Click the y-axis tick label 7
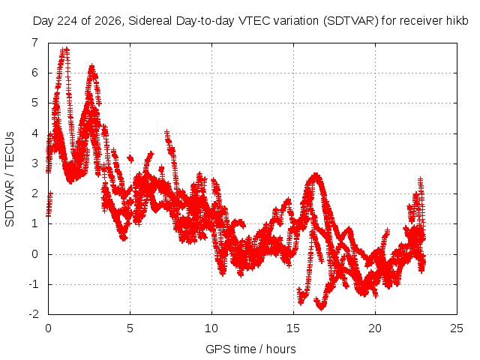click(x=35, y=43)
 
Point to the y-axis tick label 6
click(x=35, y=73)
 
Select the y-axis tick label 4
click(x=35, y=133)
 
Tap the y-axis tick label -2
click(x=34, y=314)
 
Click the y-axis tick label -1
click(x=34, y=284)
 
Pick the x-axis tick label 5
click(x=130, y=328)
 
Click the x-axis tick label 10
click(x=211, y=328)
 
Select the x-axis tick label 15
click(x=293, y=328)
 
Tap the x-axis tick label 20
click(x=375, y=328)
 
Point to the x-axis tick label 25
click(x=457, y=328)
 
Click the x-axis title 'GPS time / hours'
click(x=250, y=349)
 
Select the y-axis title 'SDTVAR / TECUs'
click(x=10, y=179)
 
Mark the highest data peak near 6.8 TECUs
click(x=65, y=49)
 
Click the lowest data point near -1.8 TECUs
click(x=321, y=307)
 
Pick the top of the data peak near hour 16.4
click(x=315, y=175)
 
